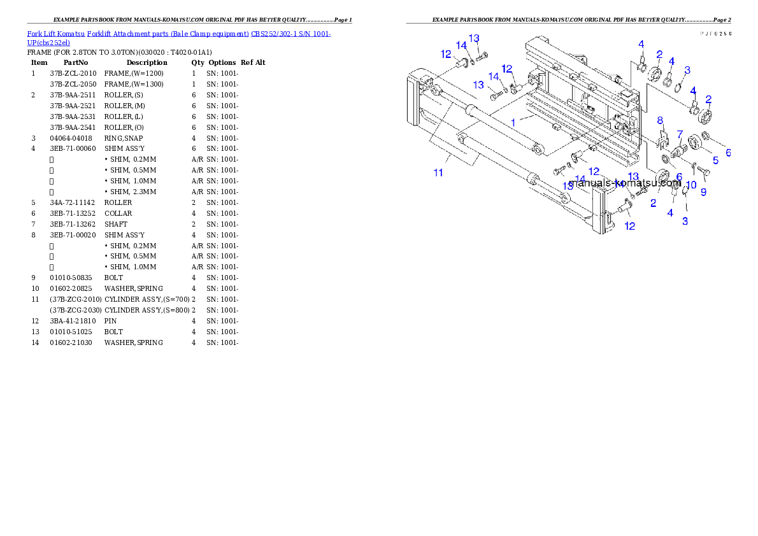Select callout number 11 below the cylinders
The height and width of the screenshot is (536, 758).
(x=438, y=173)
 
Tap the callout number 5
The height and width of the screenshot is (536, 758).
(x=715, y=160)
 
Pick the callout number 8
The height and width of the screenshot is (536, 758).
(x=660, y=120)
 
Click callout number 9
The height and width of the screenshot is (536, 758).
(x=703, y=192)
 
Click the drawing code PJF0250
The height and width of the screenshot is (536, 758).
(x=716, y=33)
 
